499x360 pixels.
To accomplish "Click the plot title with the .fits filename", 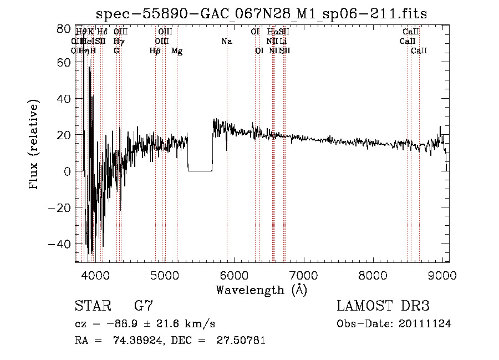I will coord(261,14).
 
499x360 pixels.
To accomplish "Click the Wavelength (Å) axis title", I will coord(261,290).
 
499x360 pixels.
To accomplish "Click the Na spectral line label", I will coord(226,42).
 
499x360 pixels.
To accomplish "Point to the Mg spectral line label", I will coord(177,51).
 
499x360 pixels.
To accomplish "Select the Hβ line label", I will coord(155,51).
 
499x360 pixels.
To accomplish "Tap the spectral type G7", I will coord(144,306).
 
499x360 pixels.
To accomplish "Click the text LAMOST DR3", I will coord(383,306).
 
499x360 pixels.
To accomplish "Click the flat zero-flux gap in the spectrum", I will coord(200,170).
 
